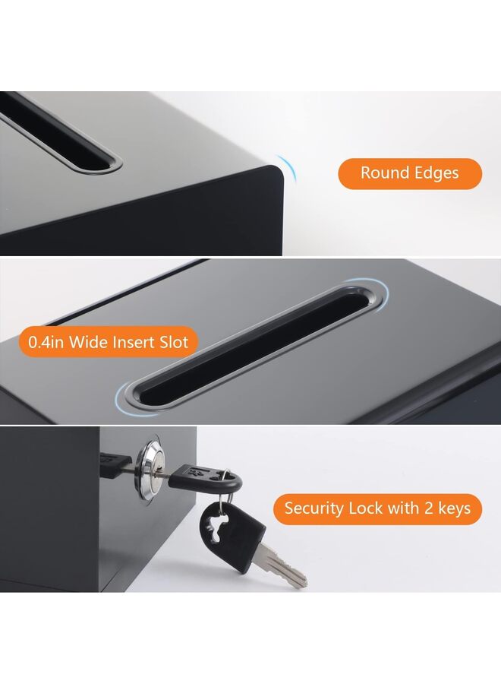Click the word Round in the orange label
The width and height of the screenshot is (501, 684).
point(383,173)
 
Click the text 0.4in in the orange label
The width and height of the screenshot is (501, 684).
point(46,343)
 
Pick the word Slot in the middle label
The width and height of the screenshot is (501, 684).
point(174,343)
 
